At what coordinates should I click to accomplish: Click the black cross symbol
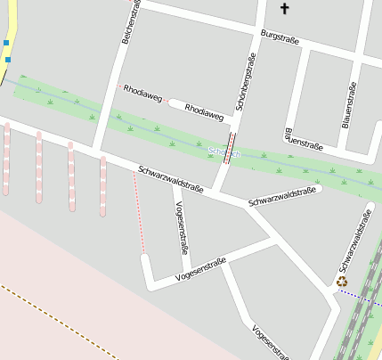tap(285, 9)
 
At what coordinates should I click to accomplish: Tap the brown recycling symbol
tap(343, 282)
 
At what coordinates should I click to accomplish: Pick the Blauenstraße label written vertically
tap(349, 104)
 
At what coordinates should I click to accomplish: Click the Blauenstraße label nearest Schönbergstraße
tap(303, 139)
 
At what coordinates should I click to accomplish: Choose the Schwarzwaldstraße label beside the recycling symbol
tap(354, 241)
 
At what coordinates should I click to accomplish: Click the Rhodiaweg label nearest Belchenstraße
tap(143, 93)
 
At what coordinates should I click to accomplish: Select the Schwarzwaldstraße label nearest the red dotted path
tap(171, 178)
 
